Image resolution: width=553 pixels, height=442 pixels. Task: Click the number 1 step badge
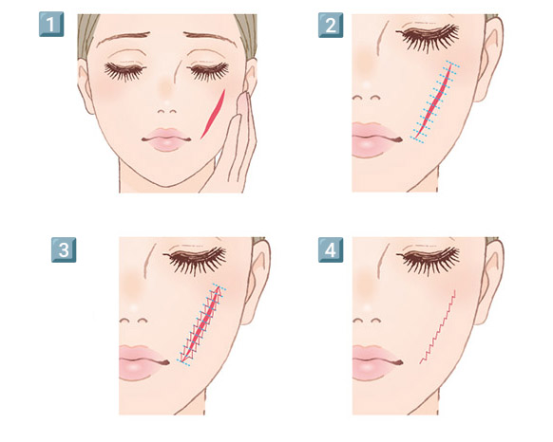(51, 24)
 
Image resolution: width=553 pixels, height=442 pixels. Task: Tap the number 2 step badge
(331, 25)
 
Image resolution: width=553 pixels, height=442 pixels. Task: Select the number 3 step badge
(64, 249)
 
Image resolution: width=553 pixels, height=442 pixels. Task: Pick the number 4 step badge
(331, 249)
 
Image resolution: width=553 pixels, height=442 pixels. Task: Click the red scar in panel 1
(214, 114)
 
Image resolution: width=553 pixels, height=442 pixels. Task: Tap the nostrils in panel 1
(167, 111)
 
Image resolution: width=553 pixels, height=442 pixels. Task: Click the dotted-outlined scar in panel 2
(434, 101)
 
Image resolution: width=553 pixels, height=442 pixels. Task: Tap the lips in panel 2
(375, 139)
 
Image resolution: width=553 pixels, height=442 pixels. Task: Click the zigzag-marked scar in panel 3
(202, 324)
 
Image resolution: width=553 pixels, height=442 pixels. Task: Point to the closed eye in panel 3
(195, 260)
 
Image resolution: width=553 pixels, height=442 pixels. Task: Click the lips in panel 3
(143, 362)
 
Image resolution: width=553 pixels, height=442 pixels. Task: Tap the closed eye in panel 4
(428, 260)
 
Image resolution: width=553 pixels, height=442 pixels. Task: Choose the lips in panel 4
(376, 362)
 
